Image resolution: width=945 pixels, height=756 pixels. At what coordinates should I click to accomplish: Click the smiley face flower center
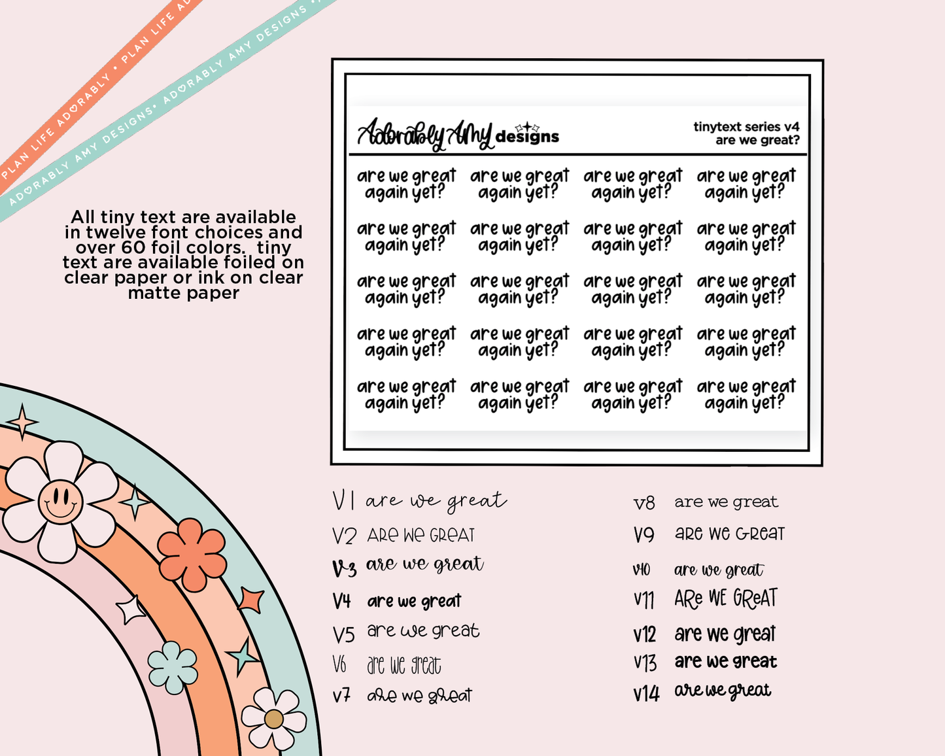(x=60, y=502)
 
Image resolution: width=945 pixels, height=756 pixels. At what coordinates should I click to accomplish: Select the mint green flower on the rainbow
(x=173, y=667)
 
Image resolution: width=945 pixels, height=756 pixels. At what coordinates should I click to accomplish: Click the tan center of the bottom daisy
(x=273, y=719)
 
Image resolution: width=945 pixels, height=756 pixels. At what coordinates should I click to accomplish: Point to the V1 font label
(x=343, y=502)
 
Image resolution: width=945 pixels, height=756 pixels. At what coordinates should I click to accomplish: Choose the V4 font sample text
(x=414, y=601)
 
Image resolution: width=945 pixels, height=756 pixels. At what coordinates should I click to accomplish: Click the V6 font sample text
(x=404, y=666)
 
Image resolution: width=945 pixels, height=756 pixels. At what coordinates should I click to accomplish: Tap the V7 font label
(x=341, y=695)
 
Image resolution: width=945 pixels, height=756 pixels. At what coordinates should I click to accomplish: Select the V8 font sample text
(x=726, y=502)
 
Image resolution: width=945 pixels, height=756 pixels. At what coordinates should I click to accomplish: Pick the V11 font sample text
(x=726, y=598)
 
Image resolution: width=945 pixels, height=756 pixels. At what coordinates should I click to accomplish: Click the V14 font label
(x=645, y=693)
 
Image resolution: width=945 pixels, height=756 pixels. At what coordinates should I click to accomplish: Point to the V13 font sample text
(x=725, y=662)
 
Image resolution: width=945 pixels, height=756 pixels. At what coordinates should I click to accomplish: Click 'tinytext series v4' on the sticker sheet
(x=746, y=127)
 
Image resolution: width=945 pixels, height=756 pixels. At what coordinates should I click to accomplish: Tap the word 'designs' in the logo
(x=527, y=137)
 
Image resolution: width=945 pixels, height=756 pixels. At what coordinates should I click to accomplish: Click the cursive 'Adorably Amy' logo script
(x=425, y=134)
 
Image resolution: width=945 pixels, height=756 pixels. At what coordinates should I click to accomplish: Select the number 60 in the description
(x=133, y=248)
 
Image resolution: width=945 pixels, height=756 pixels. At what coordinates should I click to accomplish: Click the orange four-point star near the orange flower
(x=251, y=599)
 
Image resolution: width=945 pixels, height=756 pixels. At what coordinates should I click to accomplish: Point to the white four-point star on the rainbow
(x=131, y=610)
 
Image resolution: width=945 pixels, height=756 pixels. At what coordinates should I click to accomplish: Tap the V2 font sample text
(x=421, y=536)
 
